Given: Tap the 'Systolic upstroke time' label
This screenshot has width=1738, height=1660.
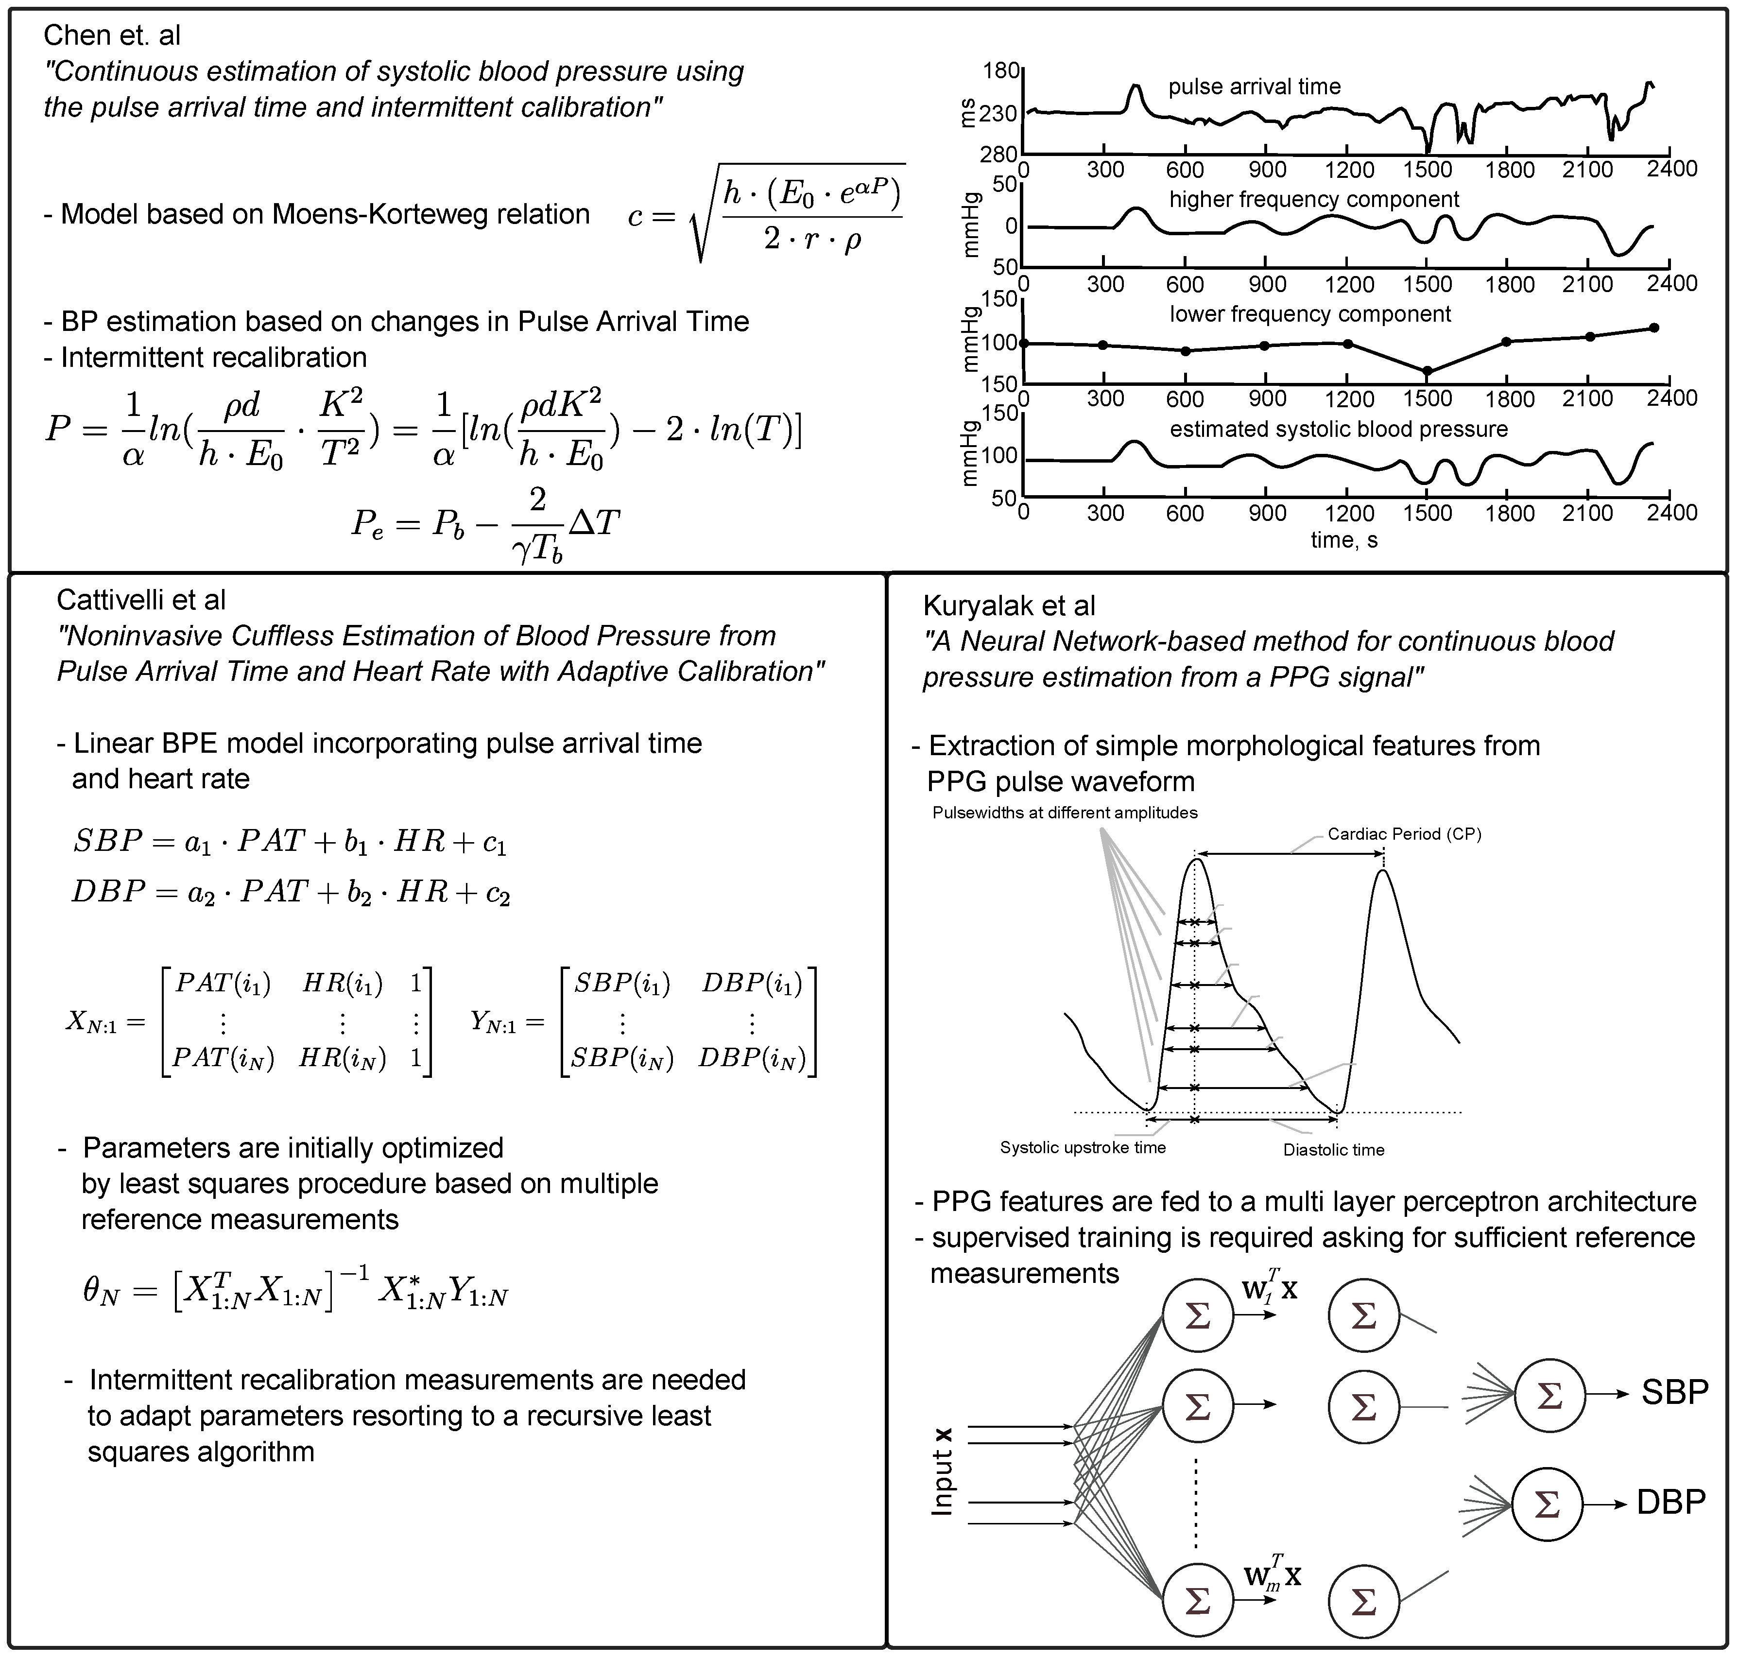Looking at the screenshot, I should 1082,1148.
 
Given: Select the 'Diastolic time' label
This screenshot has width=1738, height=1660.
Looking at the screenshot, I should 1334,1149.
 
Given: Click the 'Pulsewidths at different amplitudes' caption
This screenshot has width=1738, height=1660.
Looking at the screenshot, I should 1065,813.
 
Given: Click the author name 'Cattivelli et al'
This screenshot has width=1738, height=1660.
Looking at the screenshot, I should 141,600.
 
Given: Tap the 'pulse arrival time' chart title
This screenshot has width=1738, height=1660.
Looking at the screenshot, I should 1254,86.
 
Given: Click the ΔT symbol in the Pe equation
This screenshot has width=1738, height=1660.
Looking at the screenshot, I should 594,523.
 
